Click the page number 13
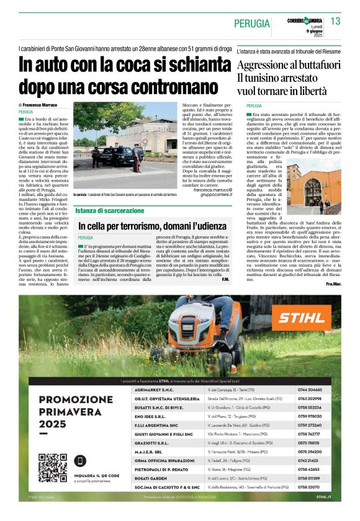coord(336,22)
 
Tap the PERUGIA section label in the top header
coord(252,24)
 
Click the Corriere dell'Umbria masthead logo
coord(305,20)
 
